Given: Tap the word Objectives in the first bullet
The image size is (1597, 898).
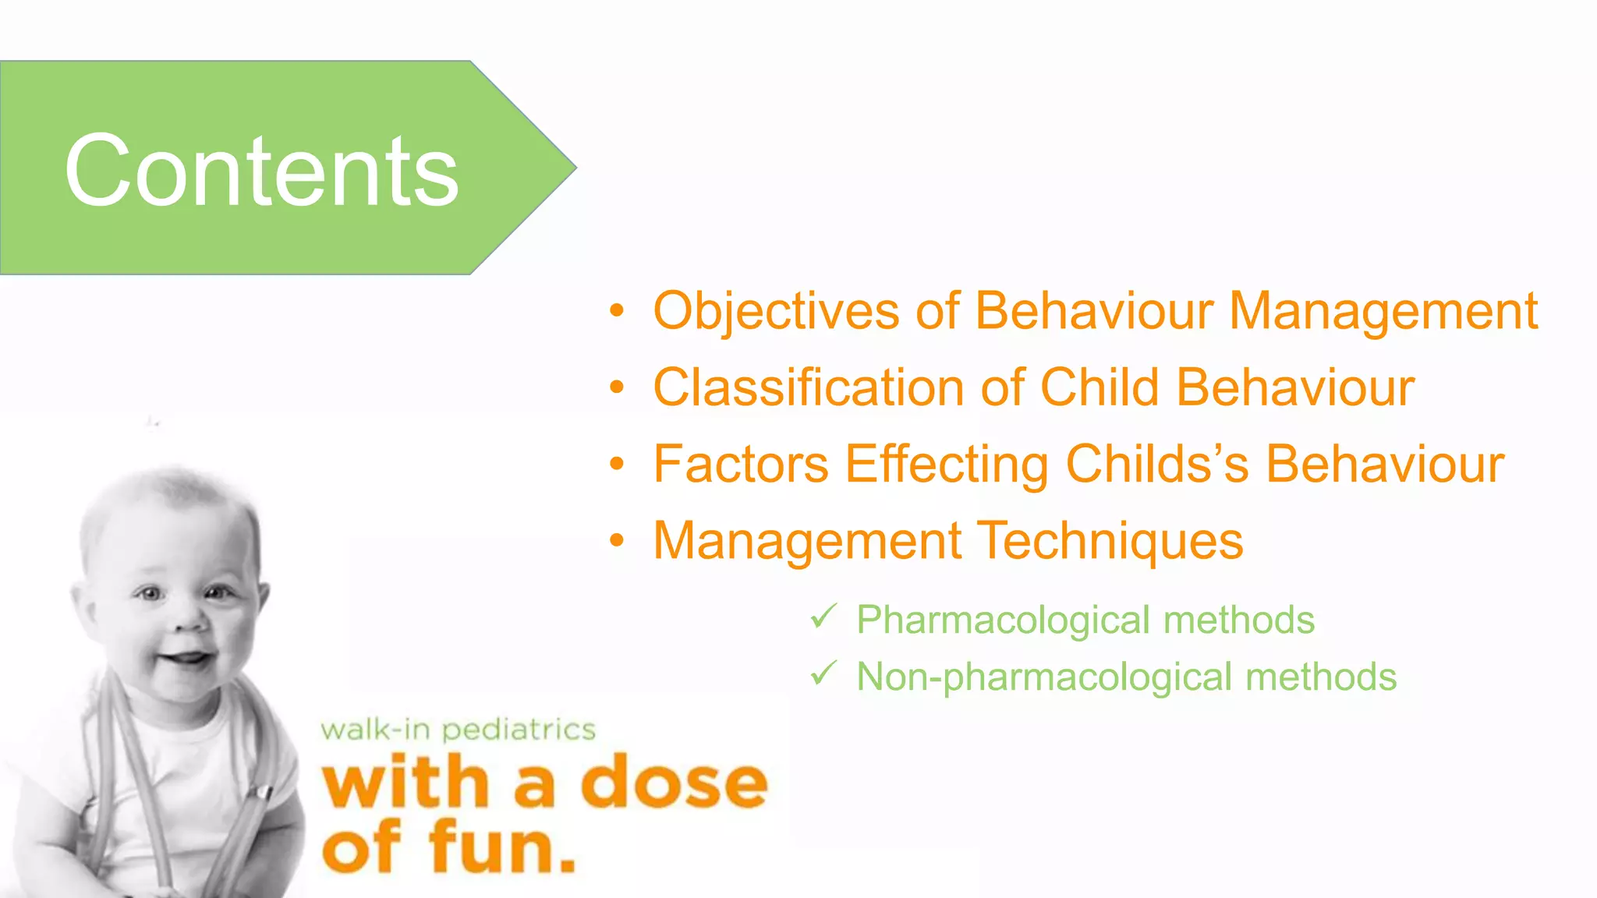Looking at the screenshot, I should pyautogui.click(x=776, y=312).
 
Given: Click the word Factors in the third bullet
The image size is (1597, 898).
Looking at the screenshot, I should pyautogui.click(x=741, y=464).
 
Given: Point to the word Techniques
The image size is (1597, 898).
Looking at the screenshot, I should pyautogui.click(x=1110, y=542).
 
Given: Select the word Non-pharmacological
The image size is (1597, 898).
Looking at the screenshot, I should pyautogui.click(x=1044, y=677).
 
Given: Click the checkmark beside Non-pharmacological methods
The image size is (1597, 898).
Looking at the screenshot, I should pyautogui.click(x=823, y=673).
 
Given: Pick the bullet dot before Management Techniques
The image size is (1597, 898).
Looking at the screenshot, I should pyautogui.click(x=617, y=540).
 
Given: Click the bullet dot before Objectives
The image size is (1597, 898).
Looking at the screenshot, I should pyautogui.click(x=617, y=311).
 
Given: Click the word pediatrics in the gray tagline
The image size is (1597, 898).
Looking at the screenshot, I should pyautogui.click(x=519, y=730).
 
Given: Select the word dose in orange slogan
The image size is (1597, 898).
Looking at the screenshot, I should pyautogui.click(x=675, y=783).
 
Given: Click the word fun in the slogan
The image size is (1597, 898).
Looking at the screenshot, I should pyautogui.click(x=503, y=847).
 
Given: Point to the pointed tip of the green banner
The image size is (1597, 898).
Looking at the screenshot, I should pyautogui.click(x=575, y=167).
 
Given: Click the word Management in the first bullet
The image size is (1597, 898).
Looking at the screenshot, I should pyautogui.click(x=1383, y=312).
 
